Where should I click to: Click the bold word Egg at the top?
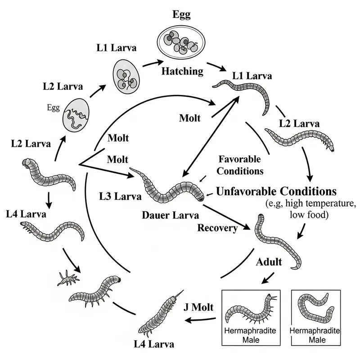click(x=181, y=14)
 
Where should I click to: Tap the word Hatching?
click(x=182, y=71)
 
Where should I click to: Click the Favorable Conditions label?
click(x=240, y=165)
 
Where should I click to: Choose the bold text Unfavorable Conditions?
click(x=276, y=190)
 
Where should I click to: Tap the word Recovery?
click(x=217, y=228)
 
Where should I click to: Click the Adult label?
click(x=269, y=261)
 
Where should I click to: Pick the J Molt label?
click(x=199, y=308)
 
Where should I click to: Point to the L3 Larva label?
click(x=120, y=197)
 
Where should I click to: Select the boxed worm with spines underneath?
click(x=250, y=311)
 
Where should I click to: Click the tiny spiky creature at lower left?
click(x=67, y=278)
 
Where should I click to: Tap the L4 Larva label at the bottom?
click(x=153, y=344)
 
